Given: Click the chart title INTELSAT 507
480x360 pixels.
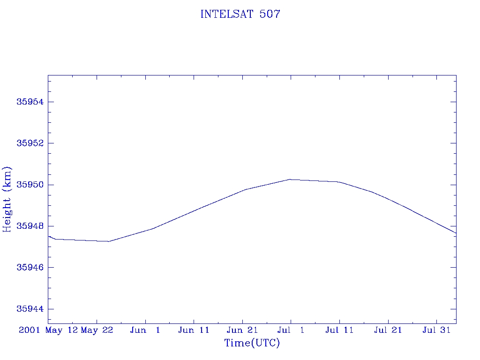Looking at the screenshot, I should point(240,14).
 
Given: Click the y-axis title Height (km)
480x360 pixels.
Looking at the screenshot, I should point(7,199).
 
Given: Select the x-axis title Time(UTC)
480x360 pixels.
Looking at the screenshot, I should point(252,343).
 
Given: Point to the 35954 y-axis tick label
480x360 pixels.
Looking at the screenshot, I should point(30,102).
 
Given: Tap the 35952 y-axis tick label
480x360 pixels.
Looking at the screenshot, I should point(30,143).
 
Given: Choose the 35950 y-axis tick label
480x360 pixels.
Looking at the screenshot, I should point(30,185).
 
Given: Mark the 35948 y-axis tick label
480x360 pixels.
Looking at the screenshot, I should point(30,226).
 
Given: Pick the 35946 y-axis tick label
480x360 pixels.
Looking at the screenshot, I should point(30,268).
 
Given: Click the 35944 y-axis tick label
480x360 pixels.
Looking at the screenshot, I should point(30,309).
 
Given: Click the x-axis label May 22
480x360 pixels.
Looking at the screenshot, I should point(97,330).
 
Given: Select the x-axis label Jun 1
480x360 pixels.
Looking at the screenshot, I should point(145,330).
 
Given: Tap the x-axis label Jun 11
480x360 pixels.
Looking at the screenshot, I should point(194,330).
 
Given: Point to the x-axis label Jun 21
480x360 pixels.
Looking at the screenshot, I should point(242,330).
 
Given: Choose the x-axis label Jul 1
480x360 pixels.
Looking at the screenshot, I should point(291,330).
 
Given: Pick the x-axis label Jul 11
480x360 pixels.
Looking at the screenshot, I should point(339,330).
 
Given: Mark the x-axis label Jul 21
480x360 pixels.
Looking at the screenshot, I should point(388,330).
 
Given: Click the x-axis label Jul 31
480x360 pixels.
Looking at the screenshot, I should point(436,330).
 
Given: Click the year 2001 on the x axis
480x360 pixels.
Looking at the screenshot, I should point(30,330).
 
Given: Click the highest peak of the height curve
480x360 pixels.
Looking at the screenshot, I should point(291,180).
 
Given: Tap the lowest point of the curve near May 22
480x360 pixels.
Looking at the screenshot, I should point(109,241).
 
